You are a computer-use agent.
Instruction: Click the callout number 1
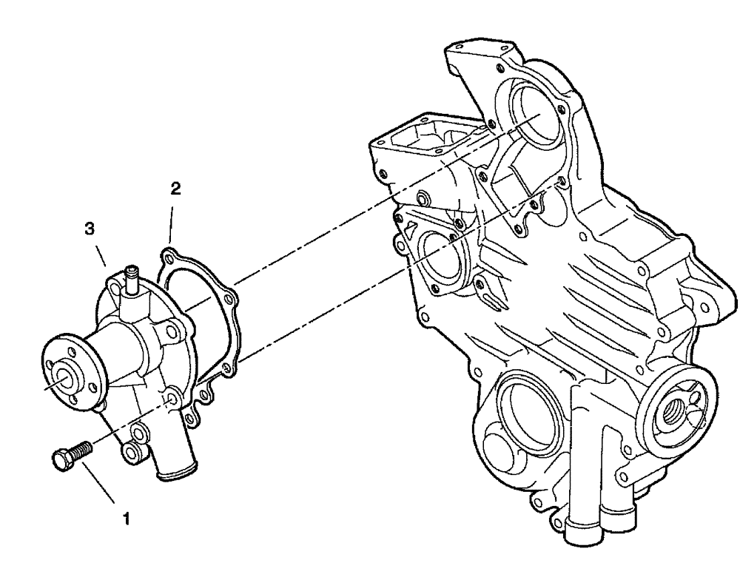tap(127, 519)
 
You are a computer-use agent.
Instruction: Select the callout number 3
tap(89, 230)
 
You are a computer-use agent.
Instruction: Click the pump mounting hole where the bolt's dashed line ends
tap(172, 400)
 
